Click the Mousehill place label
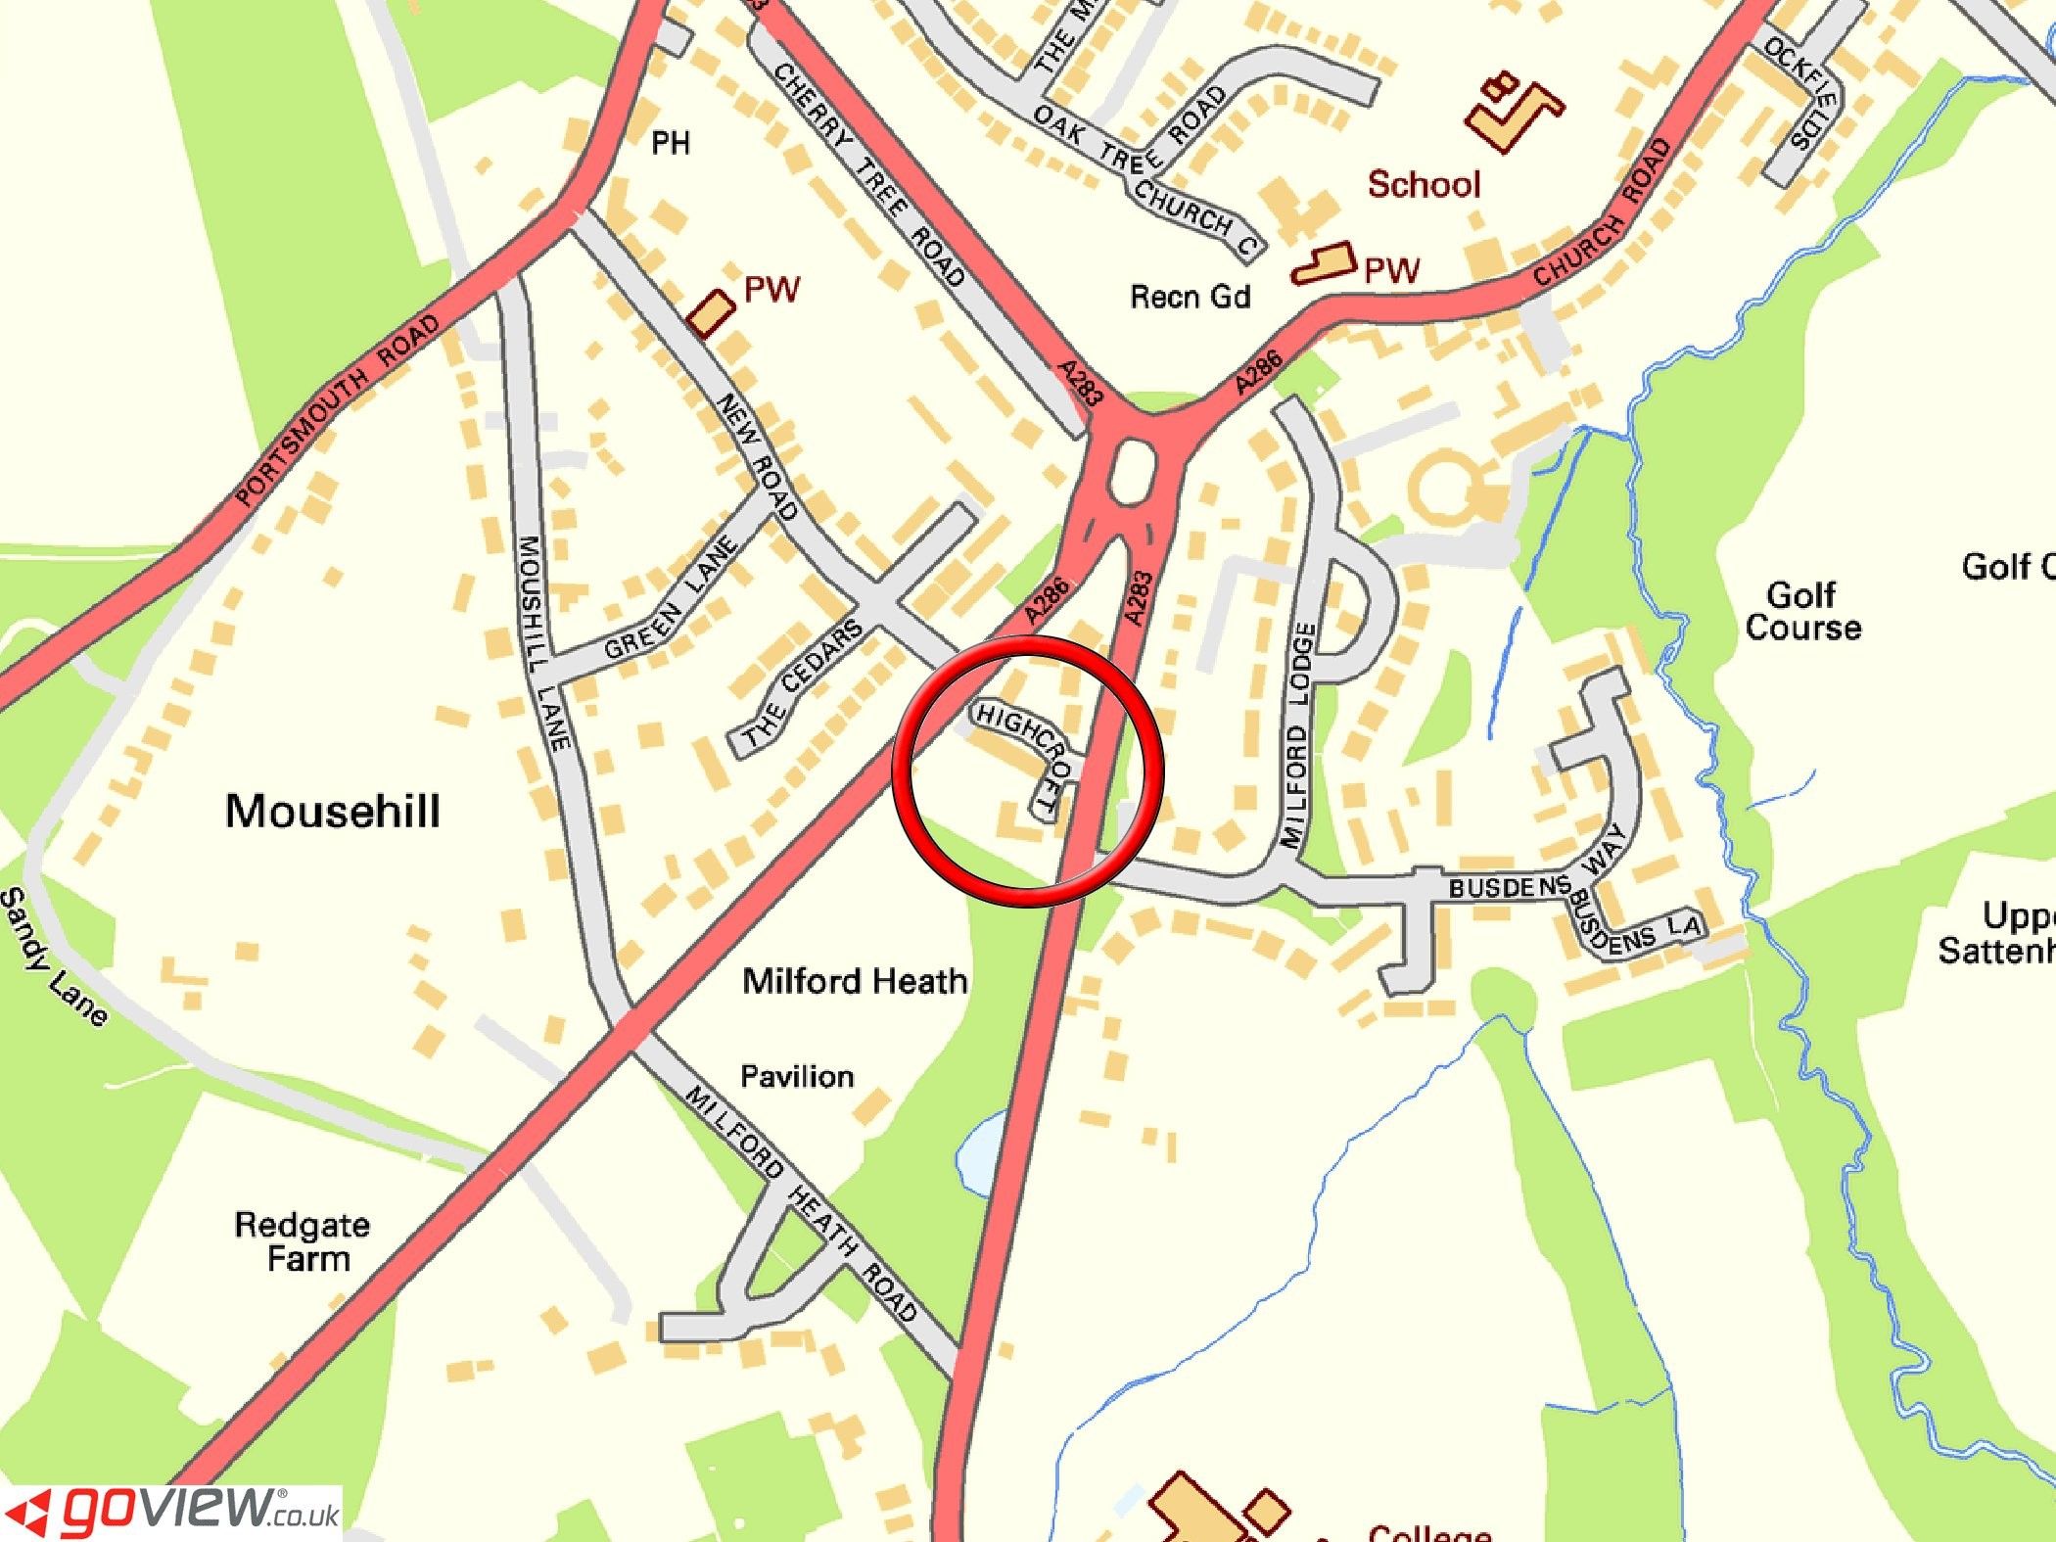(x=333, y=812)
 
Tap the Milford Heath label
(x=855, y=981)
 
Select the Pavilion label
(x=797, y=1077)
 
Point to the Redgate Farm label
(x=304, y=1240)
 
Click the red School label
(x=1424, y=184)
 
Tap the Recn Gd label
(x=1191, y=296)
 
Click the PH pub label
(x=671, y=144)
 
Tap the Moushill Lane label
(x=543, y=642)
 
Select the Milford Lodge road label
(x=1297, y=734)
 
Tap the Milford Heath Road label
(x=803, y=1204)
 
